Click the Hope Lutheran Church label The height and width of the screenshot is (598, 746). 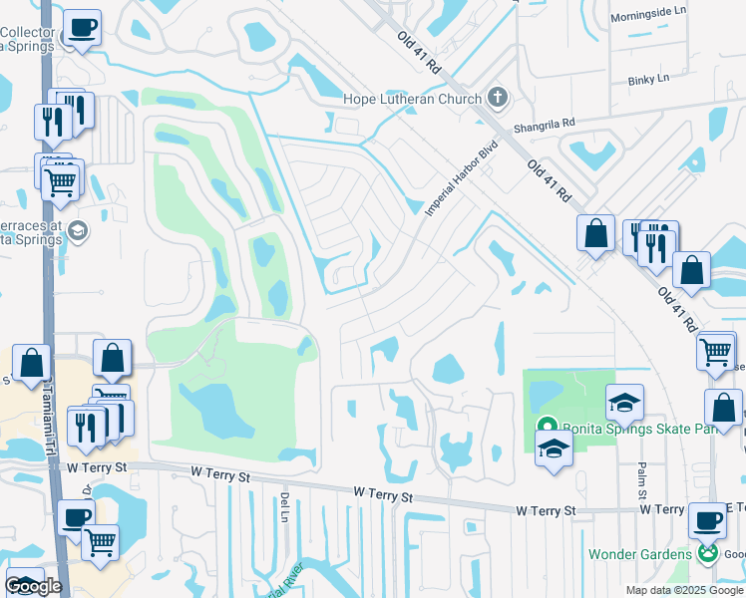412,99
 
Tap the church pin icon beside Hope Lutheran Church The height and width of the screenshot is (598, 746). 498,98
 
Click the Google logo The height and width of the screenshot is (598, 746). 33,585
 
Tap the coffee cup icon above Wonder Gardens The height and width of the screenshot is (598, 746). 707,520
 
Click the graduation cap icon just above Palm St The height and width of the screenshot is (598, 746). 624,401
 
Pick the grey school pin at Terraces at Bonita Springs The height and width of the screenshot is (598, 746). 78,231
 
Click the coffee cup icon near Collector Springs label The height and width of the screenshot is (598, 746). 81,28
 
